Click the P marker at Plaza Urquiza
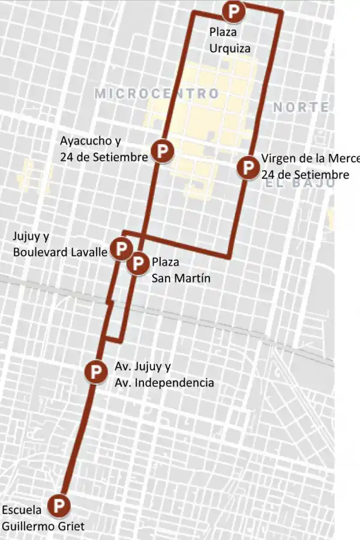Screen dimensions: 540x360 (x=233, y=11)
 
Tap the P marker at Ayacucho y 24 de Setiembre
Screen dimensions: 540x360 (x=163, y=151)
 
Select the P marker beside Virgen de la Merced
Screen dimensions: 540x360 (x=247, y=167)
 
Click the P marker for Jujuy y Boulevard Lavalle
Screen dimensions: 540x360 (x=122, y=248)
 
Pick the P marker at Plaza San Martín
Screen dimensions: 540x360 (x=139, y=263)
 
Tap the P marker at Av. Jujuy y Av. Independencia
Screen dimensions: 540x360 (x=95, y=371)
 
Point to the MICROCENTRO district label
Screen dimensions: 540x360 (x=157, y=94)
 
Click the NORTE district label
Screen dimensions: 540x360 (x=301, y=107)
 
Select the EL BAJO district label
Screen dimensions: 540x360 (x=299, y=184)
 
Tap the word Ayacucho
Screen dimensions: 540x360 (x=85, y=141)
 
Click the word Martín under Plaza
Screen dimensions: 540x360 (x=191, y=278)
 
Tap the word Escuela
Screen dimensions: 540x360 (x=22, y=510)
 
